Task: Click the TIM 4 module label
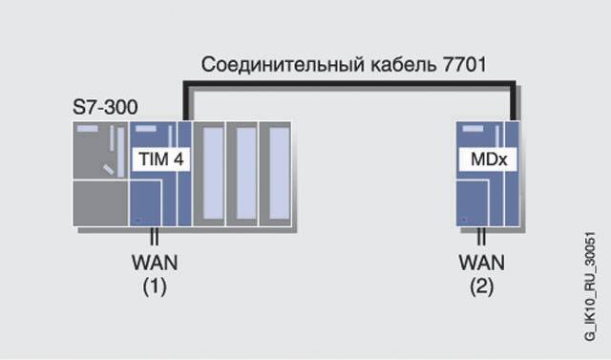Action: (161, 159)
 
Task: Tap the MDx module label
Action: (488, 159)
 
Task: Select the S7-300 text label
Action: (105, 107)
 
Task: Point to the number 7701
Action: (465, 64)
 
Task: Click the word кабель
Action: (403, 64)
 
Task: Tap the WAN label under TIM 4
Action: (155, 263)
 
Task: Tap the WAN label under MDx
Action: (481, 263)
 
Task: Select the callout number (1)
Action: (155, 287)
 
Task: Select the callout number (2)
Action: (481, 287)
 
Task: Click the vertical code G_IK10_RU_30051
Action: (590, 286)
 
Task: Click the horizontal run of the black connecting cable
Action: (349, 83)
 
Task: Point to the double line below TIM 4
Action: (155, 236)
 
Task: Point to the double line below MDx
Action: (481, 236)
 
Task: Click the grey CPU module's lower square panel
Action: (100, 203)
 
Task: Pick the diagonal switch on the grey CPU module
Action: (108, 169)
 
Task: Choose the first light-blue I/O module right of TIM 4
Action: (210, 174)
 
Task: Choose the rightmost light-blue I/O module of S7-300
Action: (276, 174)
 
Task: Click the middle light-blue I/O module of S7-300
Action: (242, 174)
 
